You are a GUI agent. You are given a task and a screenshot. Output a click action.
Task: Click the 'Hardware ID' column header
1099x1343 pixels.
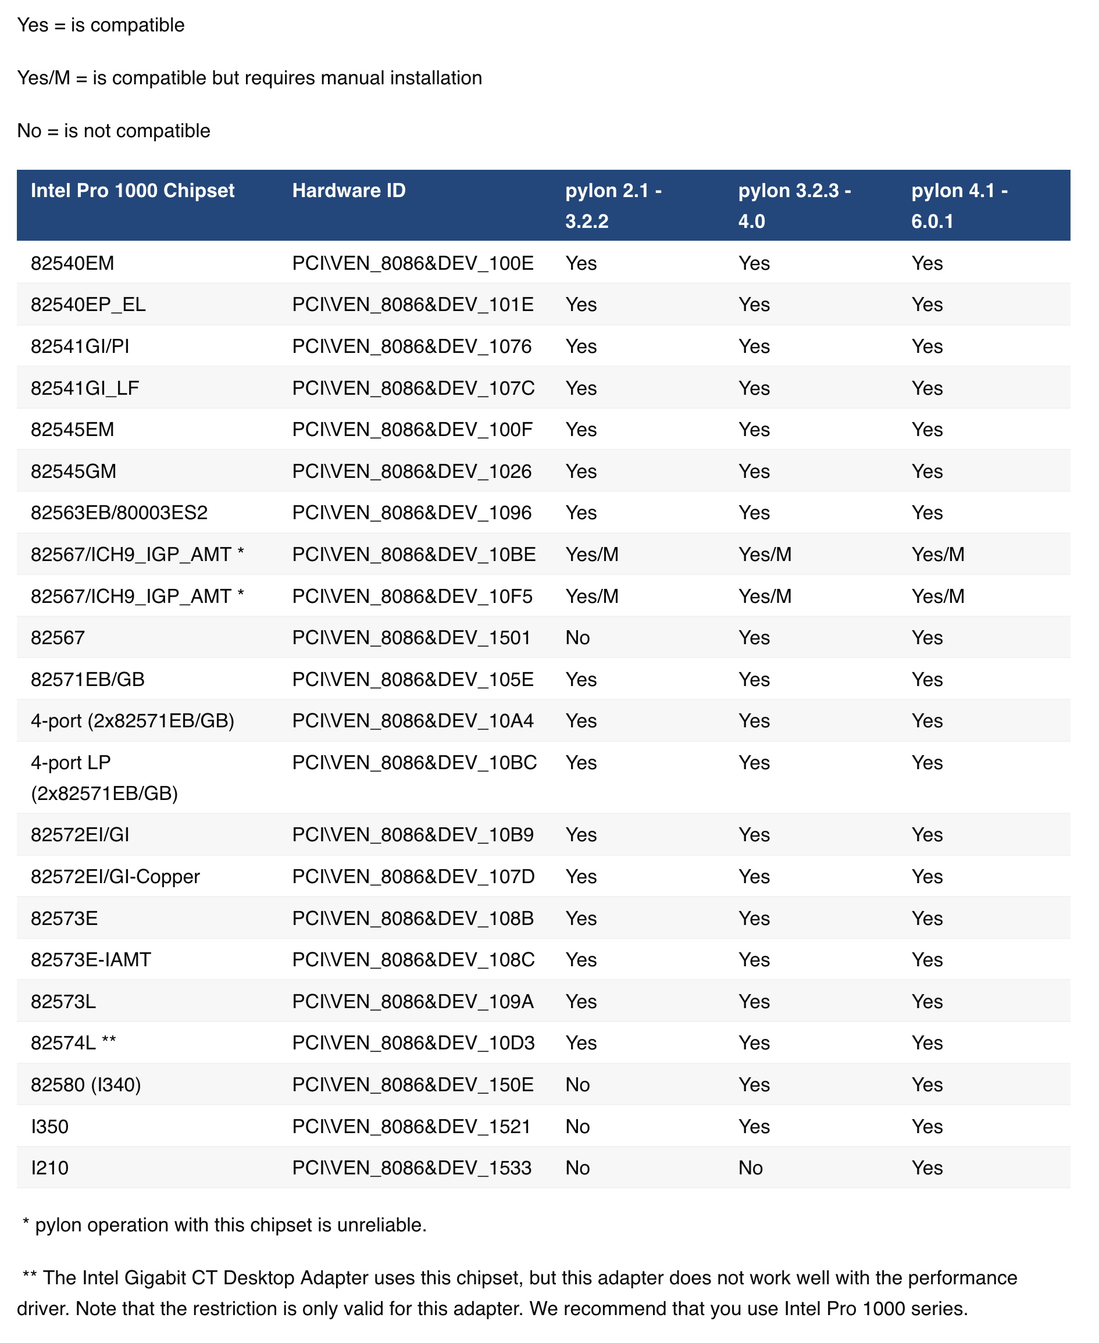click(x=349, y=191)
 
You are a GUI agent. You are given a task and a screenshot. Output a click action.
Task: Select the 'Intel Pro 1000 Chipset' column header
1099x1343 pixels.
click(x=133, y=191)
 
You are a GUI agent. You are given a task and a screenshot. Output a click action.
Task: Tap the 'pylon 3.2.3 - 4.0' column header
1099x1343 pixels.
click(x=794, y=206)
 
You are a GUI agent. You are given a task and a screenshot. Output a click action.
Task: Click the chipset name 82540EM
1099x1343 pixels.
click(x=72, y=263)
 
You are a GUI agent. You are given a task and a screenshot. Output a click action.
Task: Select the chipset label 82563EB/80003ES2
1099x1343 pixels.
click(x=119, y=513)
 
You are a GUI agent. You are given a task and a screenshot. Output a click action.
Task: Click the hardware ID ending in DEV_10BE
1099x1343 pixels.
click(x=413, y=555)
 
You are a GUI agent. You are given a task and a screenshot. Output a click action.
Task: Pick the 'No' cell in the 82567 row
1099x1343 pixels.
click(x=577, y=638)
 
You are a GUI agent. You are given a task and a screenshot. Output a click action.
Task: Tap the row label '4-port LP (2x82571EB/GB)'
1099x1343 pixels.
click(x=104, y=778)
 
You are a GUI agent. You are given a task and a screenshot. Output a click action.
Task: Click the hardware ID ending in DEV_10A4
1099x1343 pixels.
click(x=413, y=721)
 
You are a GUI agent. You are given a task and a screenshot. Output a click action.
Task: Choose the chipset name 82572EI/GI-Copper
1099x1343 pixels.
click(x=115, y=877)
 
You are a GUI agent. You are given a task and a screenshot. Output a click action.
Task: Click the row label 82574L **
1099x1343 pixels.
click(x=73, y=1043)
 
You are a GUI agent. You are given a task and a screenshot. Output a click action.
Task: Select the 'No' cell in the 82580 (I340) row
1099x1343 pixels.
click(x=577, y=1085)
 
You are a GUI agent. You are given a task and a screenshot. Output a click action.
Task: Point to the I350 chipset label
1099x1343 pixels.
click(x=49, y=1127)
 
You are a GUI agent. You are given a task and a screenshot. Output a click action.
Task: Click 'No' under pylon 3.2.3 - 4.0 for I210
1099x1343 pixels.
click(x=750, y=1167)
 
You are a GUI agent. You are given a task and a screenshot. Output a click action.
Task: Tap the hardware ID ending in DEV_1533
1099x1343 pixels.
click(x=412, y=1167)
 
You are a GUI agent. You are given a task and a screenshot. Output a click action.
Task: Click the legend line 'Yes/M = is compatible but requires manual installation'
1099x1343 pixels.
click(x=249, y=78)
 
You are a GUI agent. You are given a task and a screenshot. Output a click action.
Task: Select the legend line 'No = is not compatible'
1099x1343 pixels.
click(x=113, y=131)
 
